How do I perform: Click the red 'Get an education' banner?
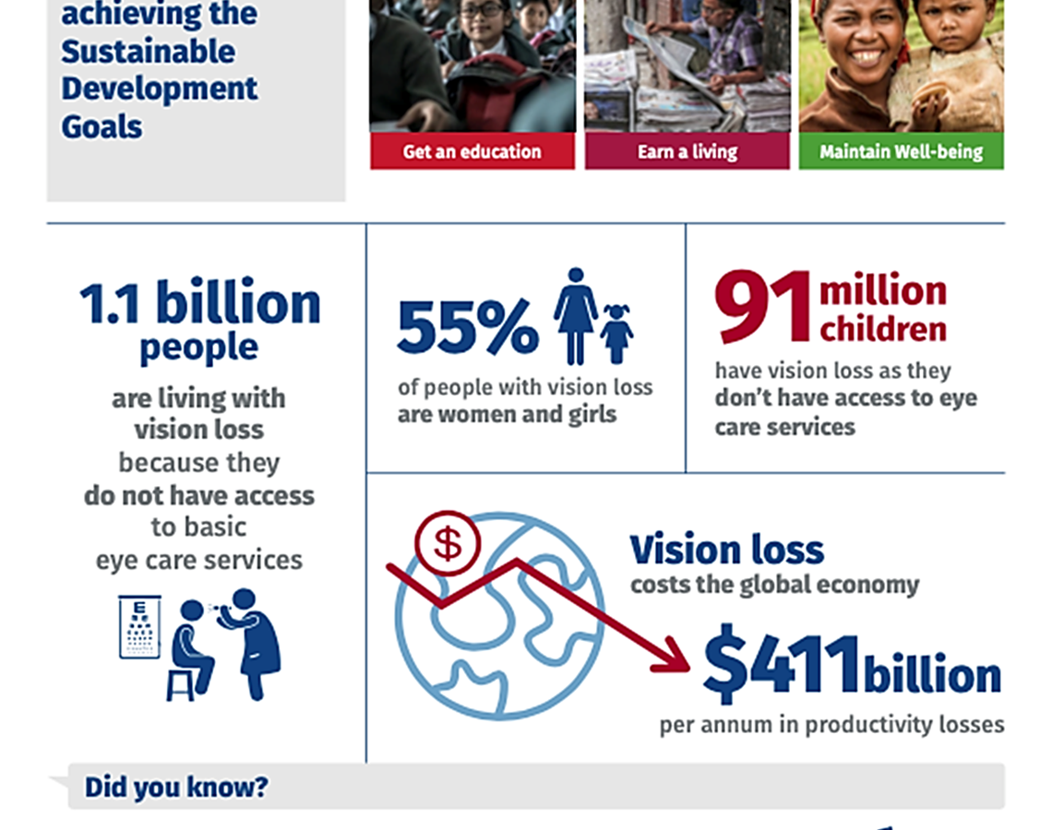click(x=472, y=151)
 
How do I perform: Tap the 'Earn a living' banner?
click(x=687, y=151)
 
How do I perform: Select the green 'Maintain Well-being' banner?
click(x=901, y=151)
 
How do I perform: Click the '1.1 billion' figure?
click(x=200, y=303)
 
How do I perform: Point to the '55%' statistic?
click(x=468, y=326)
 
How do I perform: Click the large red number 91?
click(x=763, y=306)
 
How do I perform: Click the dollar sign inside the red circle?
click(x=448, y=543)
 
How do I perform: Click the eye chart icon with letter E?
click(x=139, y=626)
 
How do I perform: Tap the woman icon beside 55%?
click(x=576, y=315)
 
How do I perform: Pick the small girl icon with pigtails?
click(x=616, y=333)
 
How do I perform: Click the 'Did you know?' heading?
click(x=175, y=787)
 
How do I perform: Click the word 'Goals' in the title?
click(x=102, y=126)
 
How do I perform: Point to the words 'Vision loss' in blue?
click(x=726, y=550)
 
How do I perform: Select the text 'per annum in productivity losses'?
click(x=832, y=725)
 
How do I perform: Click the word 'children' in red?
click(x=883, y=329)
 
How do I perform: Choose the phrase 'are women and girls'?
click(x=508, y=415)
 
